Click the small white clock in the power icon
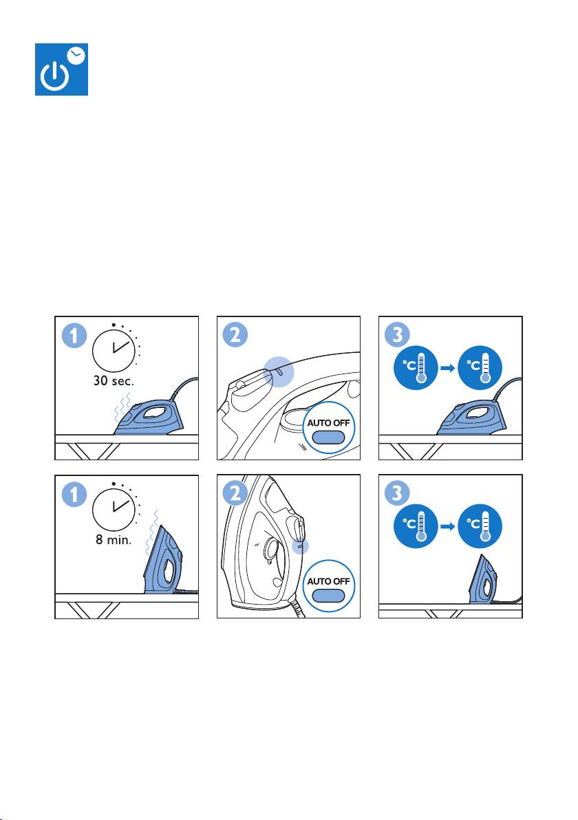[76, 54]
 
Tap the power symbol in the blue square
[54, 77]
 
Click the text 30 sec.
[114, 380]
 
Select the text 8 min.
[114, 539]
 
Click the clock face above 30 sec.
[114, 350]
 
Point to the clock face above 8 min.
[114, 509]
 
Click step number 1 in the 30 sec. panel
[74, 336]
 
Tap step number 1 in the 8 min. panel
[74, 495]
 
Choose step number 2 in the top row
[235, 335]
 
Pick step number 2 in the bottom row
[235, 494]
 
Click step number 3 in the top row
[398, 335]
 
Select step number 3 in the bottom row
[398, 494]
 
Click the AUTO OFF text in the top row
[328, 422]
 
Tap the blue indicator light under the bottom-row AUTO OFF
[328, 596]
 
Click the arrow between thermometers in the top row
[448, 368]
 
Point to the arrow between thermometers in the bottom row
[448, 527]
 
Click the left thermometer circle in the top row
[416, 367]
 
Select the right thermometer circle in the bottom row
[480, 526]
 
